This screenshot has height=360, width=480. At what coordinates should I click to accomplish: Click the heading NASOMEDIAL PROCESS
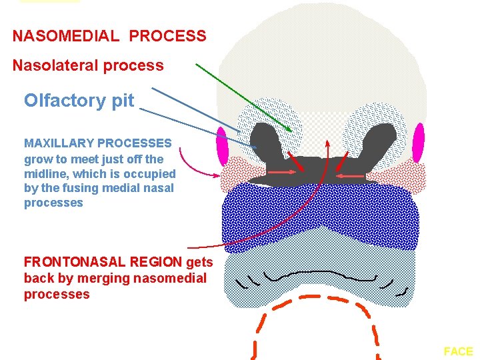(x=109, y=36)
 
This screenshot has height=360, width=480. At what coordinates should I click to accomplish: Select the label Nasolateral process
(x=88, y=65)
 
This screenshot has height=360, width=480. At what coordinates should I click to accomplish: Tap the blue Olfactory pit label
(x=79, y=101)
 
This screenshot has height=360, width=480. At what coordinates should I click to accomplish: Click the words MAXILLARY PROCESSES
(x=98, y=143)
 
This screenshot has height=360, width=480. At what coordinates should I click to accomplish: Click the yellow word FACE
(x=458, y=351)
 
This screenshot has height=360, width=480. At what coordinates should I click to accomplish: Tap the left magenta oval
(x=222, y=144)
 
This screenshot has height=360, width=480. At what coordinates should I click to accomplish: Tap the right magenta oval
(x=418, y=143)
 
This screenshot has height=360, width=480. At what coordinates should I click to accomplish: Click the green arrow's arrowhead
(x=289, y=129)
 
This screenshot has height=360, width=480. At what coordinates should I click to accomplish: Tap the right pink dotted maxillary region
(x=405, y=177)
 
